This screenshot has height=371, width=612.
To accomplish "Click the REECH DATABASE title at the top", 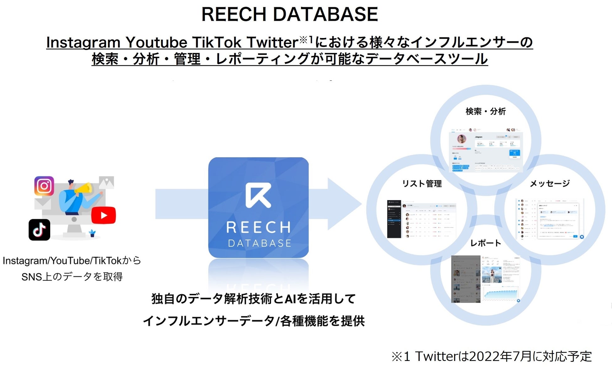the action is tap(289, 14).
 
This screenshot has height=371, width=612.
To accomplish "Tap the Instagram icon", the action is tap(44, 186).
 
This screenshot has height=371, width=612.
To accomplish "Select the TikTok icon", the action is tap(39, 230).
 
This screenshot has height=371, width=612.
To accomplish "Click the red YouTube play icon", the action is tap(104, 215).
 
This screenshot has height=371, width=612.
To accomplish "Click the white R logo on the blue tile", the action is tap(258, 195).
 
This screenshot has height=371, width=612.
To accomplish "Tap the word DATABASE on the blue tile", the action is tap(260, 243).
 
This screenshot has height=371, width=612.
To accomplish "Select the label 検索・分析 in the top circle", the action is tap(486, 111).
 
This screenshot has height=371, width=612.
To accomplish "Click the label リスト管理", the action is tap(422, 183).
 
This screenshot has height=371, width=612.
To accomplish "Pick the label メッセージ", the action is tap(550, 183).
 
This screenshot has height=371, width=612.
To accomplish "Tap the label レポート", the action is tap(486, 243).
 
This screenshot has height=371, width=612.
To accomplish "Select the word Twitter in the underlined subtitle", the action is tap(272, 42).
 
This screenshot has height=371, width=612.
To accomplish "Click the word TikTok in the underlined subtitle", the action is tap(217, 42).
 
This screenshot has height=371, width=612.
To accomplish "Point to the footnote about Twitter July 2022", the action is tap(491, 357).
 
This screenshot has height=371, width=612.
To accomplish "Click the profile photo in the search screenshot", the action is tap(461, 139).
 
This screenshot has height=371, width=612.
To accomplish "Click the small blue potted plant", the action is tap(92, 233).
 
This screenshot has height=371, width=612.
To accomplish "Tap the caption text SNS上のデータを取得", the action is tap(72, 277).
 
